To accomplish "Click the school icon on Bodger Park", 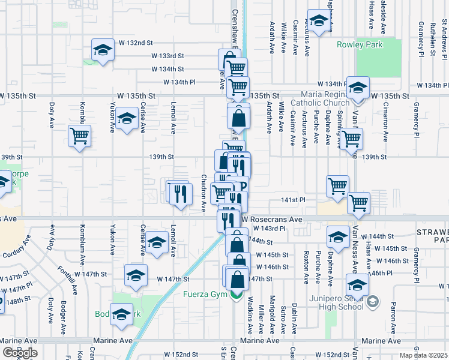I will pos(122,315).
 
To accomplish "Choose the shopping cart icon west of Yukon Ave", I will pos(79,136).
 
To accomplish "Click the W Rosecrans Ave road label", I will pos(276,220).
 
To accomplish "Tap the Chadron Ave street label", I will pos(203,193).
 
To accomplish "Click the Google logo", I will pos(20,353).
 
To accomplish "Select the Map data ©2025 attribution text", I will pos(424,355).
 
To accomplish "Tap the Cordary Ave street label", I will pos(17,248).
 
